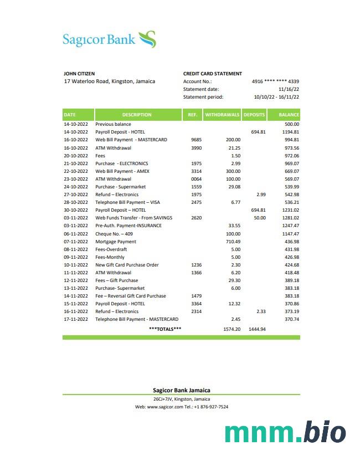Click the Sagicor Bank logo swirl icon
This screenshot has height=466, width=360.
(x=147, y=39)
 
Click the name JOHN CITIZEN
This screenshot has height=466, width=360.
(x=79, y=73)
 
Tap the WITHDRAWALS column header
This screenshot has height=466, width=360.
(x=222, y=115)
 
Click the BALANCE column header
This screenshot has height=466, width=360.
(x=289, y=115)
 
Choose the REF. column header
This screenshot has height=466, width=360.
(x=192, y=115)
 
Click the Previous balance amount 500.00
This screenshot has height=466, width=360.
(x=291, y=124)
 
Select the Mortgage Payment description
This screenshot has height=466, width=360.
(x=116, y=242)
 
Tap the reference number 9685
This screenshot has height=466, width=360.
(x=196, y=140)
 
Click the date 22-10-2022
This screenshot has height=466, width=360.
(x=76, y=171)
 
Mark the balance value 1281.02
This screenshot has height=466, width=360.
(x=290, y=218)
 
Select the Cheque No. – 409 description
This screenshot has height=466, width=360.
(x=114, y=234)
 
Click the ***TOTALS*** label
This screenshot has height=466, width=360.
(x=165, y=329)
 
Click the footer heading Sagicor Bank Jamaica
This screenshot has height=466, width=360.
(x=181, y=390)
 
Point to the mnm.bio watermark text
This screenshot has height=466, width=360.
(x=285, y=432)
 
